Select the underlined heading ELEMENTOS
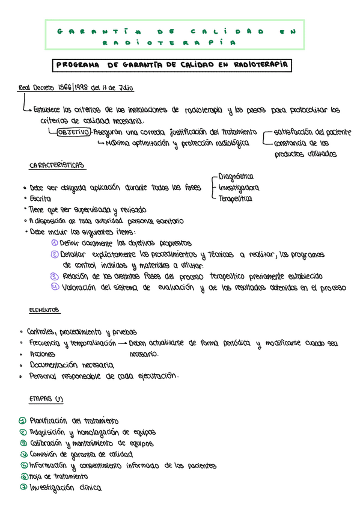(x=44, y=310)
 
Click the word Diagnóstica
(x=236, y=176)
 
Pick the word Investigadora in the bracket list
(x=239, y=187)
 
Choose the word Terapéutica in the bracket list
(x=235, y=198)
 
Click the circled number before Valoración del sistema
(x=54, y=287)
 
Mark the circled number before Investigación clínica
(x=23, y=487)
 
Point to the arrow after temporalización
(x=122, y=343)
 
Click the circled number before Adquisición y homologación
(x=23, y=432)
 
